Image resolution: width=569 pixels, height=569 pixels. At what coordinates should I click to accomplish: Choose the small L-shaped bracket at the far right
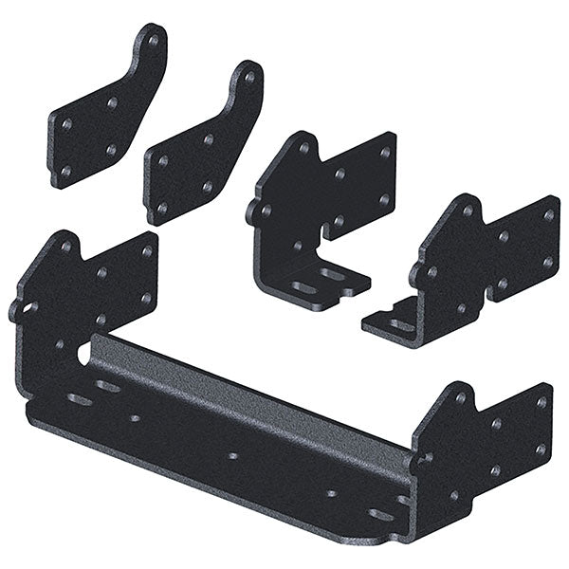pos(474,266)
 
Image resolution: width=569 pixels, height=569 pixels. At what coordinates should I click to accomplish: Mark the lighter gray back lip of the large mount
pos(256,379)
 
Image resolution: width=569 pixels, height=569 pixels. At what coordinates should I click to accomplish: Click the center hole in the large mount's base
pos(232,456)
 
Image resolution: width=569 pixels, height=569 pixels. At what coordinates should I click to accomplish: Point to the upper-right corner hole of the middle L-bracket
pos(384,152)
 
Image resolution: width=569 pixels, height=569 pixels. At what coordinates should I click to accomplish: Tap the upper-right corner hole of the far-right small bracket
pos(547,216)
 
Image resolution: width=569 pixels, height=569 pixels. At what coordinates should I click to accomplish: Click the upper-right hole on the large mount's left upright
pos(146,251)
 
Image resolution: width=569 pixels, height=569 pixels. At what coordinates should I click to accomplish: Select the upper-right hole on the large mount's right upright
pos(541,402)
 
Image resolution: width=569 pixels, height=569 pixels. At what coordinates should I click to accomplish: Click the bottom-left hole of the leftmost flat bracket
pos(64,171)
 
